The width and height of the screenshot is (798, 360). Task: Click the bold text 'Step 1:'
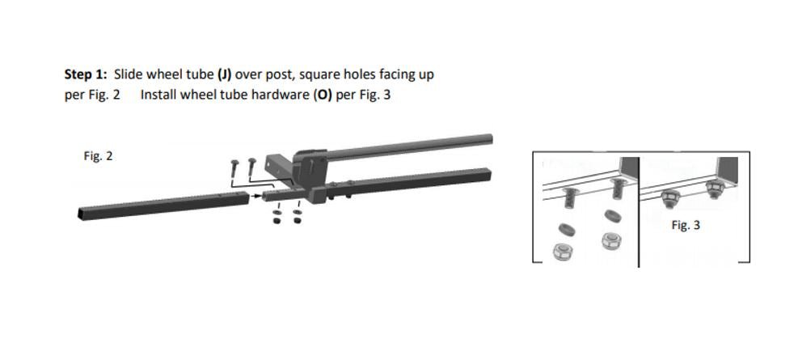(x=86, y=74)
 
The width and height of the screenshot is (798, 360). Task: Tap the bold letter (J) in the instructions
(x=225, y=74)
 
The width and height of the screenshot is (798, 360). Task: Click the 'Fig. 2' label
(x=98, y=155)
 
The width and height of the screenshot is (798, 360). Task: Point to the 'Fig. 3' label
(x=686, y=225)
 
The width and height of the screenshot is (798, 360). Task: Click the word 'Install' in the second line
(x=158, y=94)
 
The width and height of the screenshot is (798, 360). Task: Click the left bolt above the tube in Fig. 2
(x=234, y=166)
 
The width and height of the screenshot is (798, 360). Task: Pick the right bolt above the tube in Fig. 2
(x=252, y=164)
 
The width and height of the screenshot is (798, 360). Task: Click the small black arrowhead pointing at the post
(x=257, y=196)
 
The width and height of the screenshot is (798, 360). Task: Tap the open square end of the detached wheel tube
(x=83, y=214)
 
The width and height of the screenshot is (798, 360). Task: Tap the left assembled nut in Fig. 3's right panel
(x=670, y=197)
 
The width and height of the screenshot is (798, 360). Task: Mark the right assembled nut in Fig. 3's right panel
(x=714, y=190)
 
